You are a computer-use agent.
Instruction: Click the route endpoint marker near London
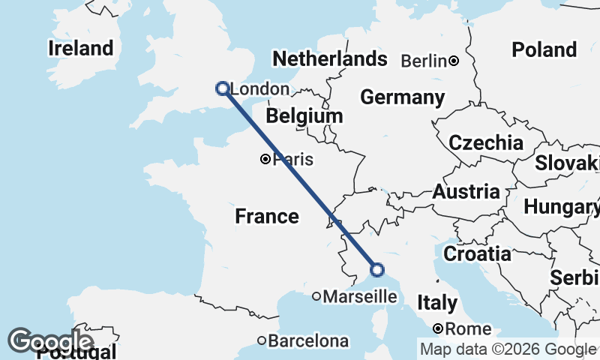(x=222, y=88)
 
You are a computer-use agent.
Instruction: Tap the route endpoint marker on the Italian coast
(x=377, y=270)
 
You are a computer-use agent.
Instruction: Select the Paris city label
(x=292, y=159)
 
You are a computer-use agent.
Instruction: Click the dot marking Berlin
(x=454, y=61)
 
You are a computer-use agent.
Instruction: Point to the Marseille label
(x=359, y=297)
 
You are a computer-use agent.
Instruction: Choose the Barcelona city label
(x=308, y=341)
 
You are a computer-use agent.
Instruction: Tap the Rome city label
(x=467, y=328)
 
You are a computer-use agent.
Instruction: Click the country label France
(x=267, y=217)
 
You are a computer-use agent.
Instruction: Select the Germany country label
(x=402, y=97)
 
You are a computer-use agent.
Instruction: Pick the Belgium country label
(x=304, y=117)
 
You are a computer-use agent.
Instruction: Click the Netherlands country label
(x=330, y=59)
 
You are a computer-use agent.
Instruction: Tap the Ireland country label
(x=80, y=49)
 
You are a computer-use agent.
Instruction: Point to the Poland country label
(x=544, y=50)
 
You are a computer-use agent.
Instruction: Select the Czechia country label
(x=486, y=142)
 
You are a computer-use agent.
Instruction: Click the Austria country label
(x=466, y=191)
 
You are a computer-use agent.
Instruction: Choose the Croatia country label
(x=477, y=253)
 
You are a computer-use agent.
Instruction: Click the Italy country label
(x=437, y=303)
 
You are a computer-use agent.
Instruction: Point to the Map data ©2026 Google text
(x=507, y=349)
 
